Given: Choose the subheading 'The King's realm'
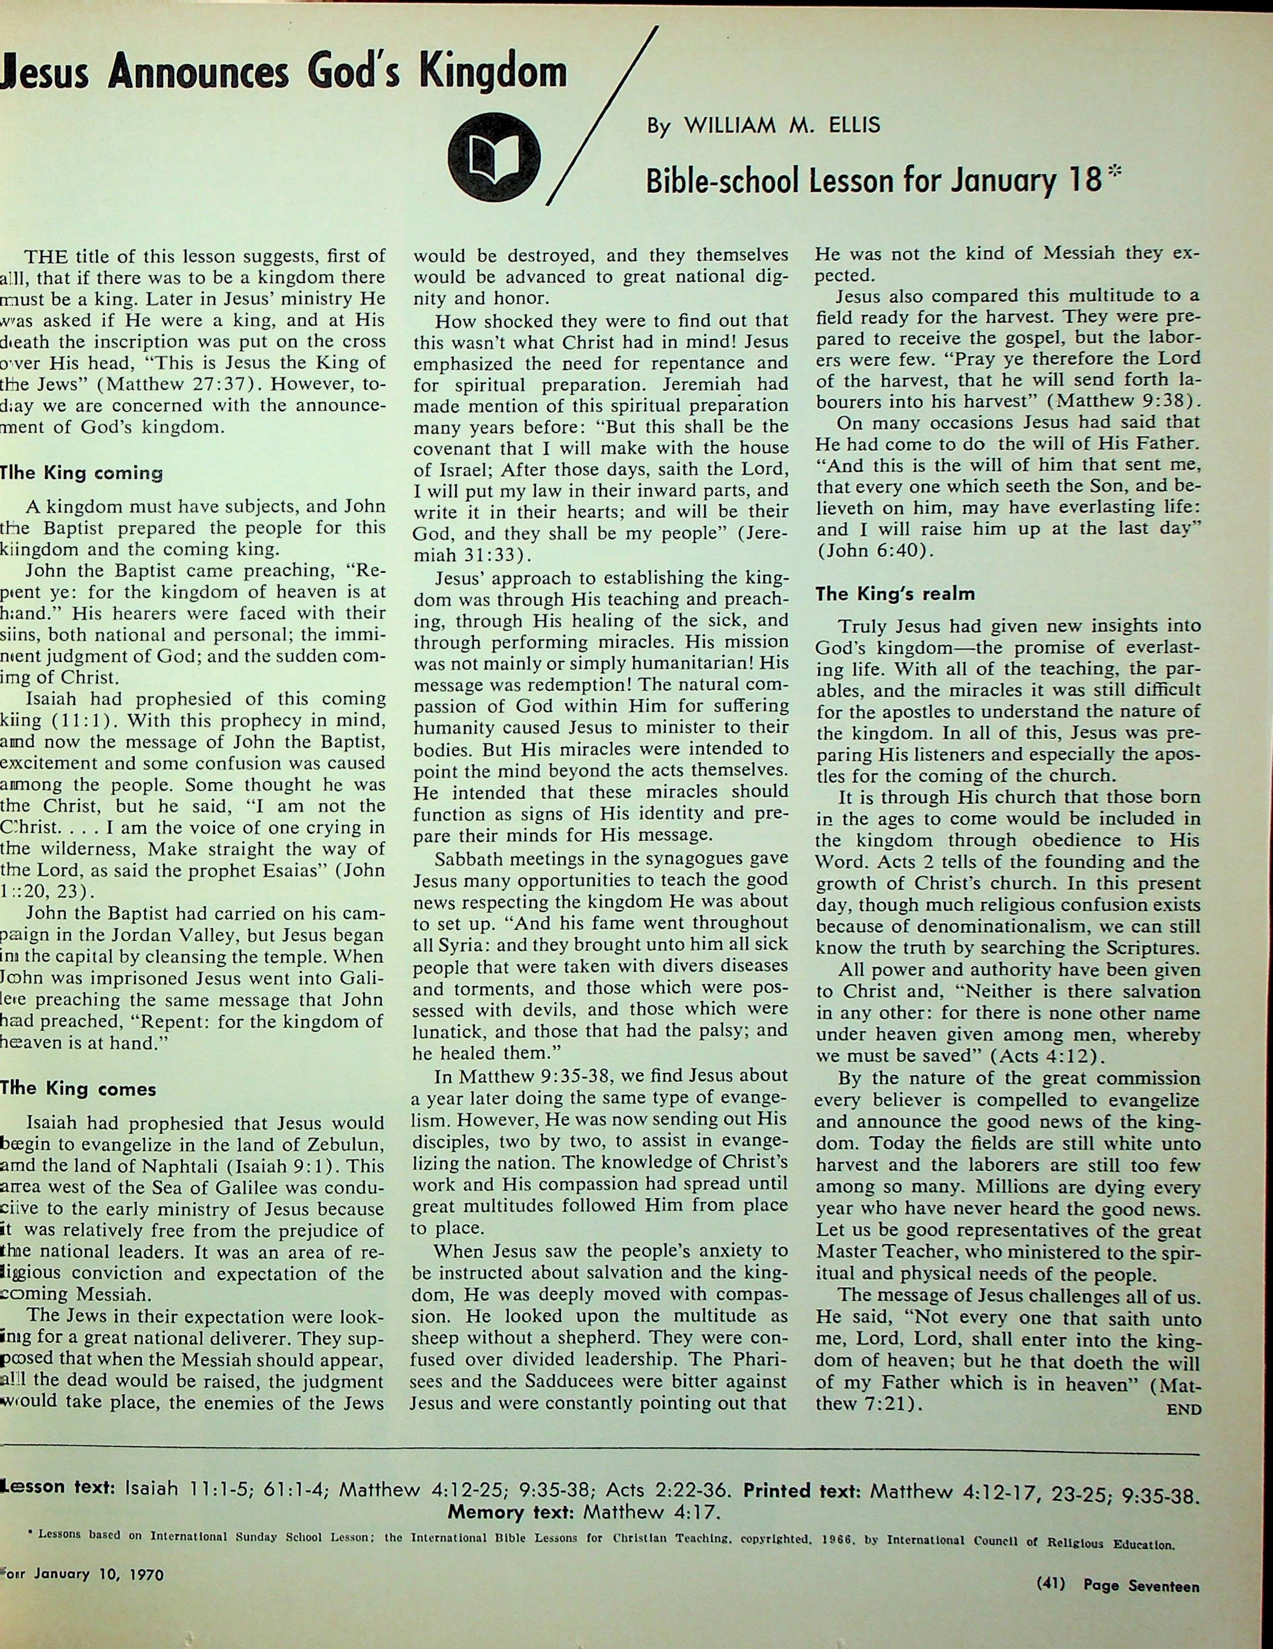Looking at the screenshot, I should (895, 594).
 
